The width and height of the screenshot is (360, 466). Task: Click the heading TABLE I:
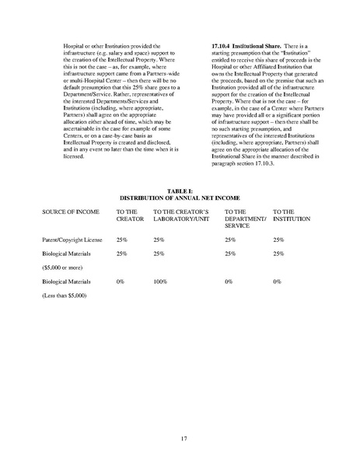pos(180,190)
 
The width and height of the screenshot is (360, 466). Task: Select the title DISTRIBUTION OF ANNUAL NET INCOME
pos(180,197)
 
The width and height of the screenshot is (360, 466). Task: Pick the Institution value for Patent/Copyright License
pos(278,240)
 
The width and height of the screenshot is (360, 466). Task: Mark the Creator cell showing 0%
pos(121,282)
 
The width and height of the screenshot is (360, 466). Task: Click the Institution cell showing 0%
pos(277,282)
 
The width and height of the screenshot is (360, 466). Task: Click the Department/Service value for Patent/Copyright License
pos(230,240)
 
